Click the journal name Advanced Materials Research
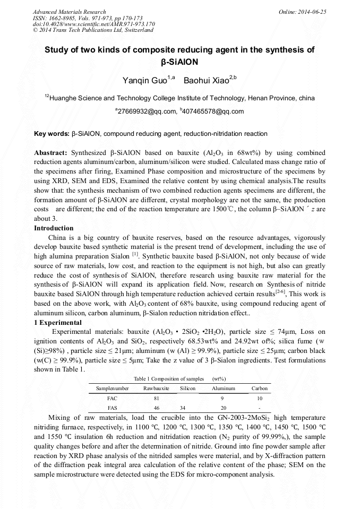69,12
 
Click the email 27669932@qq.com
146,111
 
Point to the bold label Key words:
52,134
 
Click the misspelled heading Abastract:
50,152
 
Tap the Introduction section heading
54,228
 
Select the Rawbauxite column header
156,389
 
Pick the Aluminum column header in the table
224,389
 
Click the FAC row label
112,398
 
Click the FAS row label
112,408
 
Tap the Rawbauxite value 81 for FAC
156,398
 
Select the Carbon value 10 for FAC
259,398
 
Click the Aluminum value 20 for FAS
224,408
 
